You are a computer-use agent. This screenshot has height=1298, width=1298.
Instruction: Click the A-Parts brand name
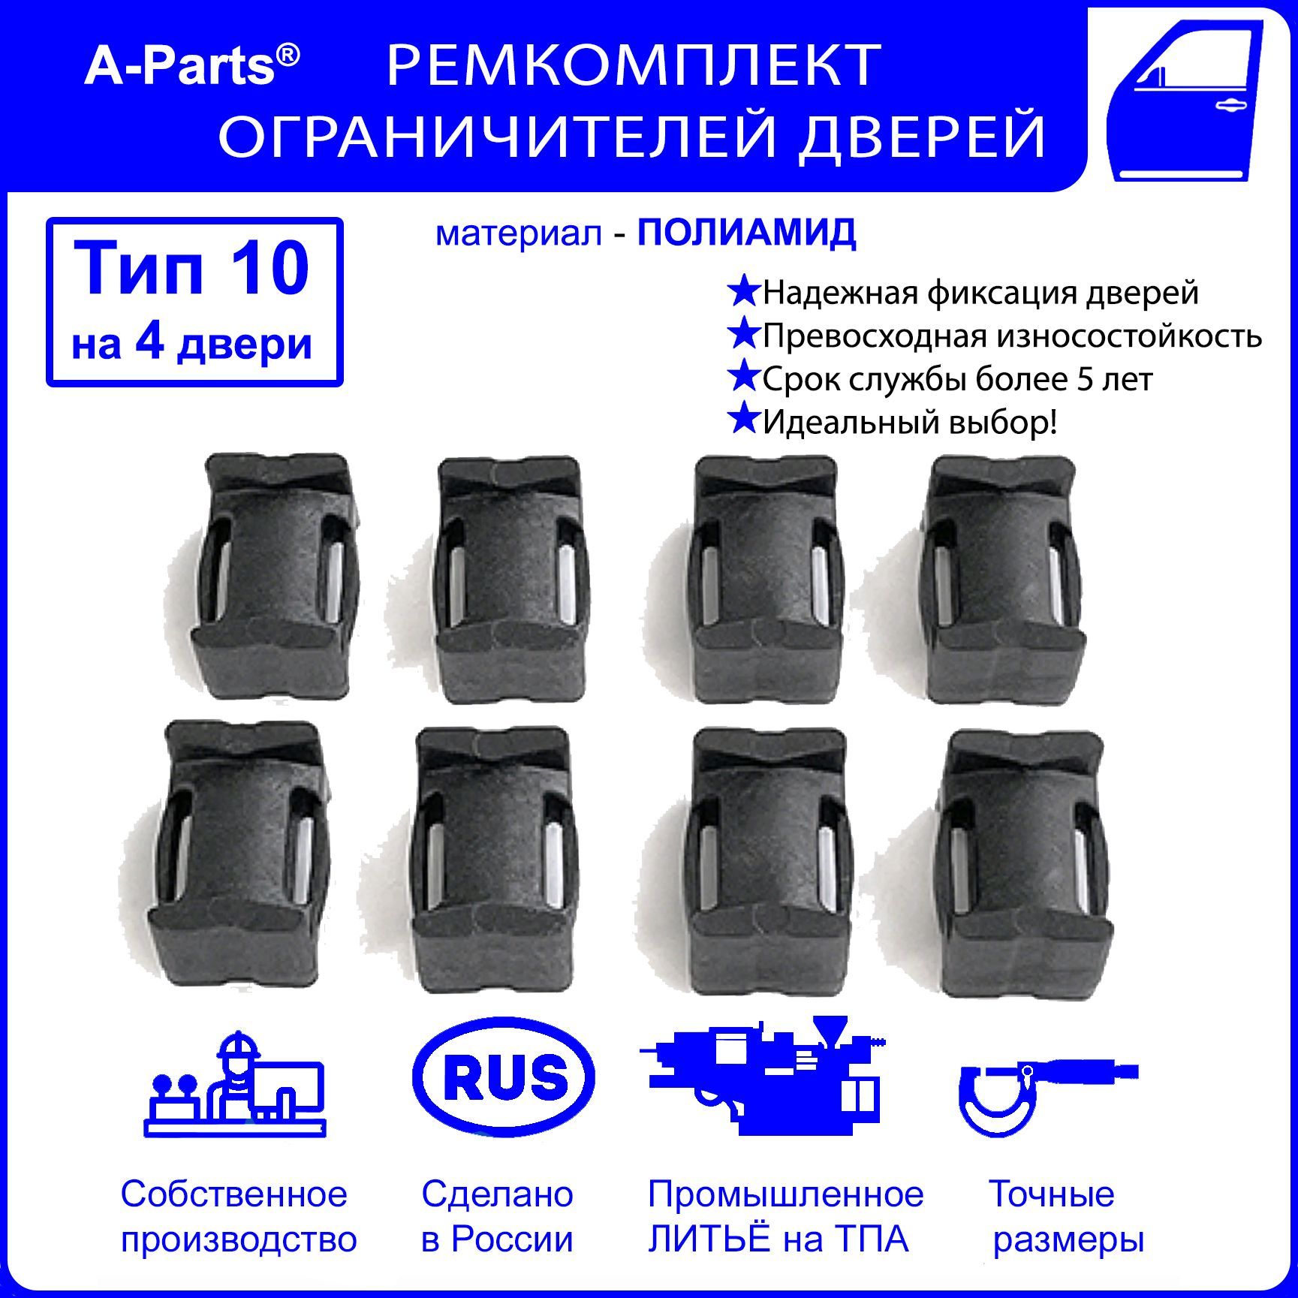click(x=191, y=66)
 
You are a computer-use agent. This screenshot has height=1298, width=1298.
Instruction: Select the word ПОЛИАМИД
click(x=747, y=233)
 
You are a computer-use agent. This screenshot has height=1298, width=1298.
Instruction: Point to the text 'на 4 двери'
click(x=192, y=345)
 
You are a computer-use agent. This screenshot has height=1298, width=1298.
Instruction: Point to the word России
click(x=512, y=1239)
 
